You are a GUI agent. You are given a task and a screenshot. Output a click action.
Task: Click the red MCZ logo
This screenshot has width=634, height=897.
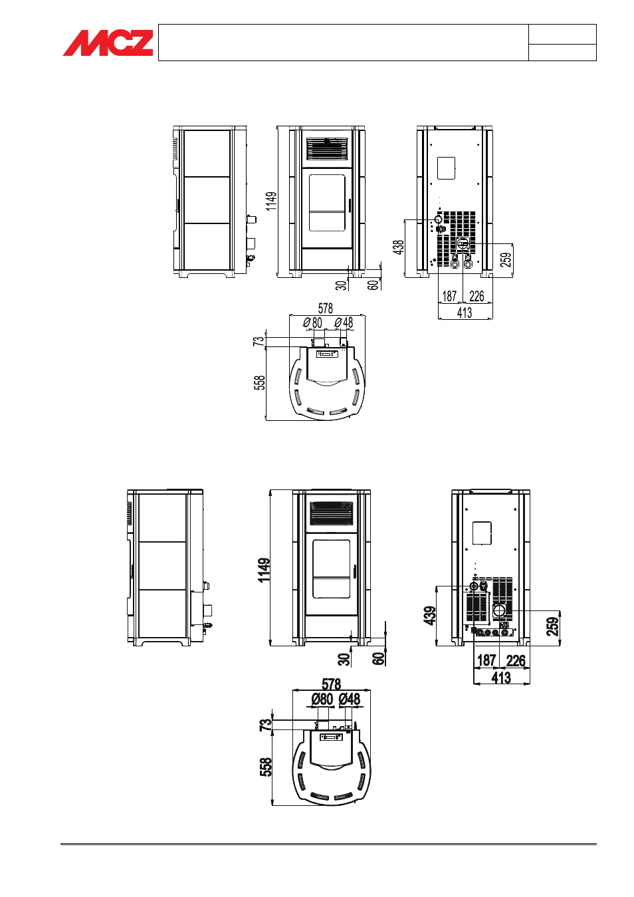click(108, 43)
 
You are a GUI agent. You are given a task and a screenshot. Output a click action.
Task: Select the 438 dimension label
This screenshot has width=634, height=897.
click(399, 247)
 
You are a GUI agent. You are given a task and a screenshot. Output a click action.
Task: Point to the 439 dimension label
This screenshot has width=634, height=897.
click(429, 615)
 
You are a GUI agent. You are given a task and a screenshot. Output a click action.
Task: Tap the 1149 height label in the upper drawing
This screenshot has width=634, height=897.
click(271, 201)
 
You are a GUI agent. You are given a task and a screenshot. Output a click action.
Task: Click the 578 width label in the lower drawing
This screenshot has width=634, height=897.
click(332, 684)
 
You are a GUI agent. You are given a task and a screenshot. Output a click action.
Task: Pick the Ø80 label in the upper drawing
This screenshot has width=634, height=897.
click(312, 322)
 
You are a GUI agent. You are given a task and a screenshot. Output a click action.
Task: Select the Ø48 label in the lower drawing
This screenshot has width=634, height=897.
click(350, 699)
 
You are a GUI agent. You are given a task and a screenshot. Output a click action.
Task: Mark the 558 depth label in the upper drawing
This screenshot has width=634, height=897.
click(260, 382)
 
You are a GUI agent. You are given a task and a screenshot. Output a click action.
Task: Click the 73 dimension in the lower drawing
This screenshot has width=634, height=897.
click(266, 724)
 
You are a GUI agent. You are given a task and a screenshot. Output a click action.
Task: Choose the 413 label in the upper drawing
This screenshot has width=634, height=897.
click(465, 313)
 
